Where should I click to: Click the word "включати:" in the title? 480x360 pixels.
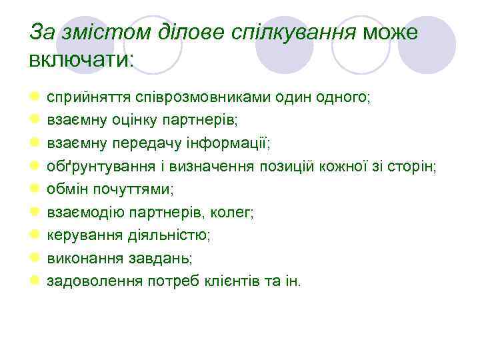tap(81, 59)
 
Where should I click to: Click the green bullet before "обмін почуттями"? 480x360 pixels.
tap(34, 189)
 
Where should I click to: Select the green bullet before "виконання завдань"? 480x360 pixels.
tap(34, 258)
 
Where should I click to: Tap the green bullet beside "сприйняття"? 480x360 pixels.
tap(34, 97)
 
